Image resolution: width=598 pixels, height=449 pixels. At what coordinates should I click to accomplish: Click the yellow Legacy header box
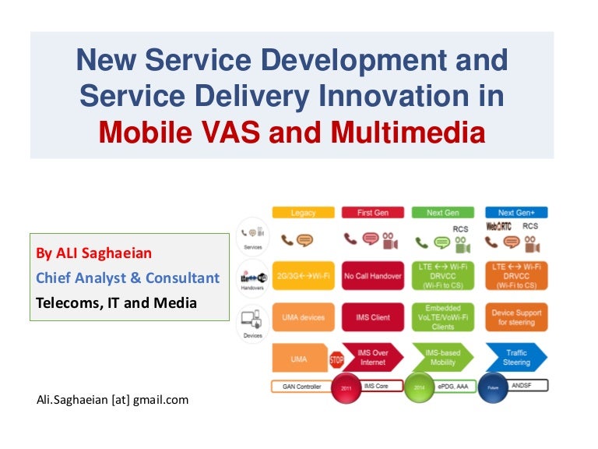point(303,212)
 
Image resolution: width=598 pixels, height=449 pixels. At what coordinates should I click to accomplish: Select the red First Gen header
point(373,212)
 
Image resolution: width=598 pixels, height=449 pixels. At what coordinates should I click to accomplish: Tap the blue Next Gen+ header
point(515,212)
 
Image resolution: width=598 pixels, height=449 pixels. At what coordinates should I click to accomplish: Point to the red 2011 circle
point(346,387)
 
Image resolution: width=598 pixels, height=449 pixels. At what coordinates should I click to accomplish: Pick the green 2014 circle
point(420,387)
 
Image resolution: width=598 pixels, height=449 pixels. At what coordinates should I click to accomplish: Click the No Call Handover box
point(373,276)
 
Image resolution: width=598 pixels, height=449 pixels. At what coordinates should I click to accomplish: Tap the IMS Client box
point(373,317)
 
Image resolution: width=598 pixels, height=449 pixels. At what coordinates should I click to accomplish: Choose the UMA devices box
point(303,317)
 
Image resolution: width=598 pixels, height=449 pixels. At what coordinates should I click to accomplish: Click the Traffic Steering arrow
point(516,358)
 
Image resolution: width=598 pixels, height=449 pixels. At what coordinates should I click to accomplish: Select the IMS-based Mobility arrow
point(444,358)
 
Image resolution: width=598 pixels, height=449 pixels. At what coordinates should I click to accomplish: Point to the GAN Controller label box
point(301,386)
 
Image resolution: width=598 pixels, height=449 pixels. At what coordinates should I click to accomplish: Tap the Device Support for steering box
point(515,317)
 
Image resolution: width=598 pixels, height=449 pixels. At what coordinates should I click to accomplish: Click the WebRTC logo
point(498,227)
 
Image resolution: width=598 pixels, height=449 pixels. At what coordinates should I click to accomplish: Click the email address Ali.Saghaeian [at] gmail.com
point(112,400)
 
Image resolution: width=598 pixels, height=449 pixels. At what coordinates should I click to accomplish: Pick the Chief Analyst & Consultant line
point(128,278)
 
